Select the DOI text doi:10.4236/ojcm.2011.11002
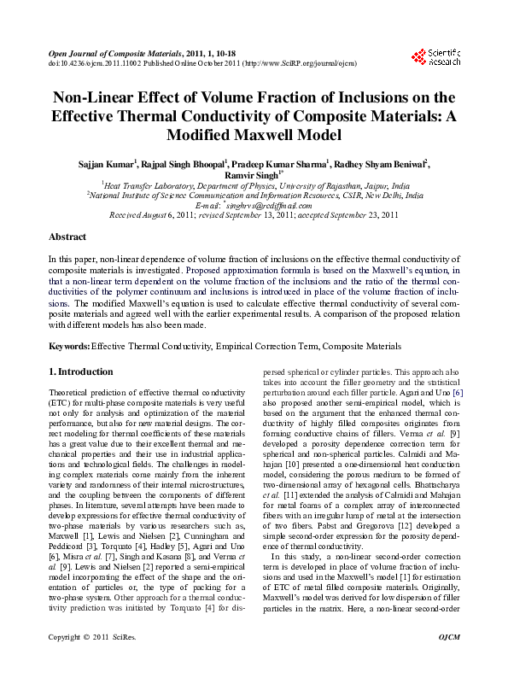[95, 63]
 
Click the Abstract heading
[67, 236]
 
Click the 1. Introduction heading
[81, 372]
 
